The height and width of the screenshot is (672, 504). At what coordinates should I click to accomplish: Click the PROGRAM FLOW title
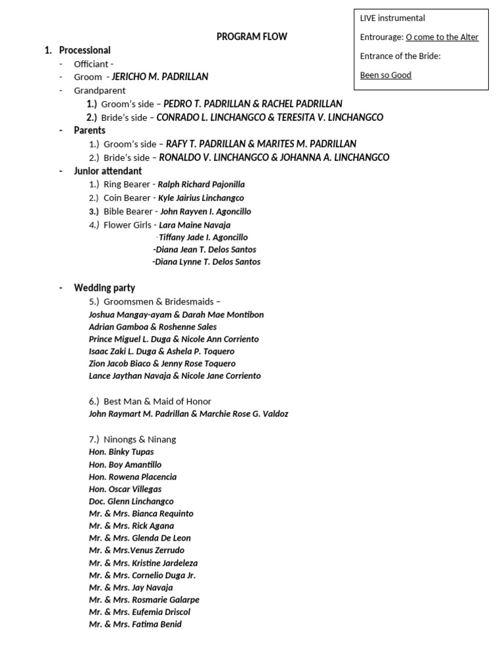pyautogui.click(x=252, y=37)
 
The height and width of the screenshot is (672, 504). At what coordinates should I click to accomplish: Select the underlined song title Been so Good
pyautogui.click(x=386, y=75)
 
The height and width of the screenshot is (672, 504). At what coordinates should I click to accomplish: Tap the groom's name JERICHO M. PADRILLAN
pyautogui.click(x=160, y=77)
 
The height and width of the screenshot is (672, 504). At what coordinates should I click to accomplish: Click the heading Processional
pyautogui.click(x=85, y=50)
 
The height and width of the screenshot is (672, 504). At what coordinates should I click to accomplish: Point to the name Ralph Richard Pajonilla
pyautogui.click(x=201, y=184)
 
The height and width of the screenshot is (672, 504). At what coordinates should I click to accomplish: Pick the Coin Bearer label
pyautogui.click(x=127, y=198)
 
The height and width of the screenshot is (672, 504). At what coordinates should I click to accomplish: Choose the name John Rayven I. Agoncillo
pyautogui.click(x=205, y=211)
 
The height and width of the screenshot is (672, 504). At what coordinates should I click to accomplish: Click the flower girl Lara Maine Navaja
pyautogui.click(x=195, y=224)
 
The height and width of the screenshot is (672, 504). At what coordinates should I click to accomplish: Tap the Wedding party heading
pyautogui.click(x=104, y=287)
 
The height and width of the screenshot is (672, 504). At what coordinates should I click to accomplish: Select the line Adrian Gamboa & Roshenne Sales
pyautogui.click(x=153, y=327)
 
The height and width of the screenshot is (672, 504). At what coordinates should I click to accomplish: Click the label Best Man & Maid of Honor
pyautogui.click(x=157, y=401)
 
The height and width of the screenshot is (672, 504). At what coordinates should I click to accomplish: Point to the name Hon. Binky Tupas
pyautogui.click(x=121, y=452)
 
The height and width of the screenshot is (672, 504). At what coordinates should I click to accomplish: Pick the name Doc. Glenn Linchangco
pyautogui.click(x=131, y=501)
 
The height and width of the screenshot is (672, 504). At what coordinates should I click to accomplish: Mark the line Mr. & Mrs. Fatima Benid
pyautogui.click(x=135, y=624)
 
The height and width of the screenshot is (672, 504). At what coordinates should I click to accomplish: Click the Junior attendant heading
pyautogui.click(x=108, y=171)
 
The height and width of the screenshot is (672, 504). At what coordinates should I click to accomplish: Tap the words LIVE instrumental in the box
pyautogui.click(x=392, y=18)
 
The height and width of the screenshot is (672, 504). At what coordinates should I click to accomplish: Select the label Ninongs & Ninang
pyautogui.click(x=140, y=439)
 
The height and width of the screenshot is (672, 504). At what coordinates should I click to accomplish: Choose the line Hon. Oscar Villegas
pyautogui.click(x=125, y=489)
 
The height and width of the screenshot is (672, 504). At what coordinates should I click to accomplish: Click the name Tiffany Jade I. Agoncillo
pyautogui.click(x=203, y=237)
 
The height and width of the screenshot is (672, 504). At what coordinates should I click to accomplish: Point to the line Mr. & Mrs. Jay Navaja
pyautogui.click(x=131, y=587)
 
